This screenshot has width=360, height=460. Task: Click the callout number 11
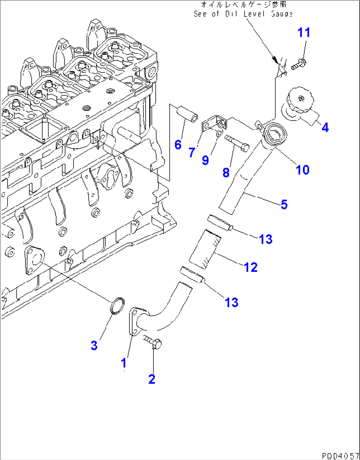pos(304,33)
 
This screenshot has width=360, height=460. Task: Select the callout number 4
pos(325,127)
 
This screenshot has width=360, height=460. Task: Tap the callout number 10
pos(302,170)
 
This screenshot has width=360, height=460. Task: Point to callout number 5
pos(284,205)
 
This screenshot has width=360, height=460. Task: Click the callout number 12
pos(251,267)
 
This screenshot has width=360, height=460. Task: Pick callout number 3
pos(94,345)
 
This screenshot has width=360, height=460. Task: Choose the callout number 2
pos(152,379)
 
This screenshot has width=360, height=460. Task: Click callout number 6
pos(178,144)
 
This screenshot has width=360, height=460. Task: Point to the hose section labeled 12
pos(205,250)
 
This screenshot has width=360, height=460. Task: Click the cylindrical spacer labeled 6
pos(187,113)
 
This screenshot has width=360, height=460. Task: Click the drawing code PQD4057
pos(340,456)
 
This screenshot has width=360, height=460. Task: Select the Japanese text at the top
pos(243,5)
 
